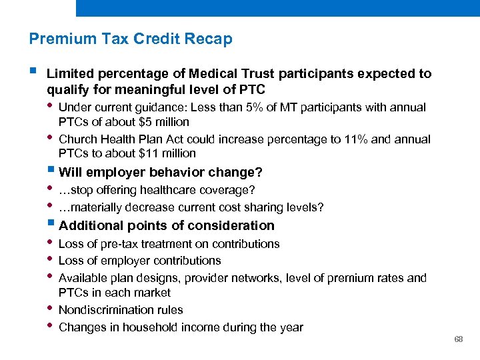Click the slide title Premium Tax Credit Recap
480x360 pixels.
[x=131, y=39]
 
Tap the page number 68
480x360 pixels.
[x=459, y=339]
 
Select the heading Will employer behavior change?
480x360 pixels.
[x=161, y=173]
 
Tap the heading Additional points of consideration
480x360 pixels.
[x=167, y=226]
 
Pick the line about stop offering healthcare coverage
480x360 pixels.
[x=157, y=191]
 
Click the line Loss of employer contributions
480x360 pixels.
[x=139, y=261]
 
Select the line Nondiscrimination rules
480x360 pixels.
[x=121, y=310]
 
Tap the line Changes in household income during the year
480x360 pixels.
[x=181, y=327]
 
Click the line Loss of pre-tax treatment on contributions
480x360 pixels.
[x=169, y=244]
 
